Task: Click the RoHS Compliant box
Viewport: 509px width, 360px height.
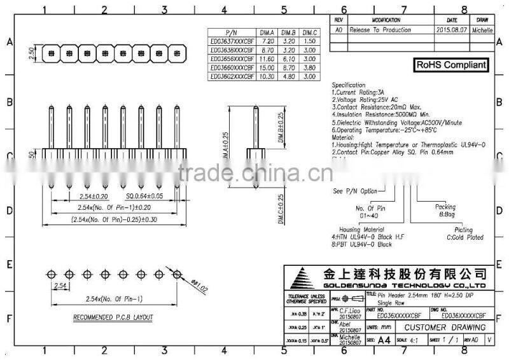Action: tap(452, 64)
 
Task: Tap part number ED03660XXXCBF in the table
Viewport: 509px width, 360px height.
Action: tap(231, 67)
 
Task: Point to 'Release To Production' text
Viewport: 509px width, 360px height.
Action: tap(380, 30)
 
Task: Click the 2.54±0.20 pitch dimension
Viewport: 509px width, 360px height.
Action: tap(93, 197)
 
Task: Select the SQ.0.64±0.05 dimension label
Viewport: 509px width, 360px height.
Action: tap(144, 197)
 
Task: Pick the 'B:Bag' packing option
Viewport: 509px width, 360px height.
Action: tap(445, 214)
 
